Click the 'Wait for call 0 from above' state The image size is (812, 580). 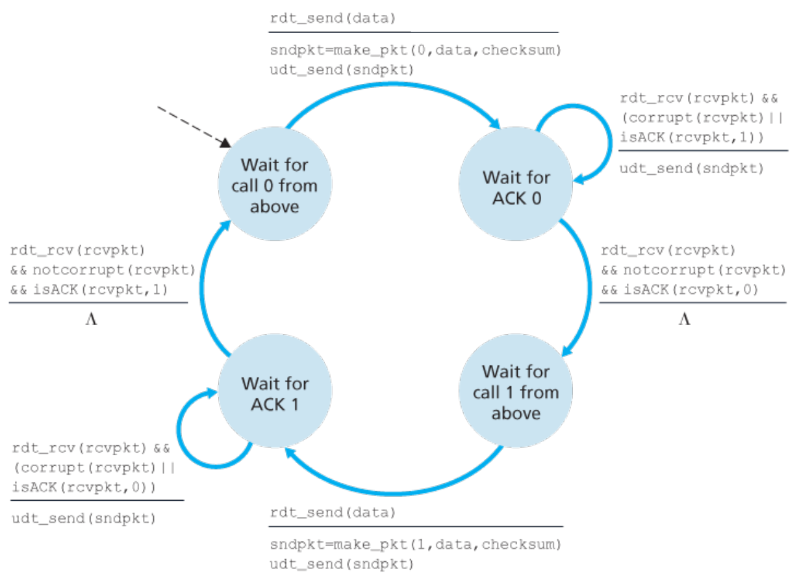275,183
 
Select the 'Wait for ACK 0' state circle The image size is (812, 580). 516,183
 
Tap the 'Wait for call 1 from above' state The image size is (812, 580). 516,391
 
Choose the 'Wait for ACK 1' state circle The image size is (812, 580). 275,391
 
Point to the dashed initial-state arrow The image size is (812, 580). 194,127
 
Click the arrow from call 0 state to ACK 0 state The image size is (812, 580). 393,85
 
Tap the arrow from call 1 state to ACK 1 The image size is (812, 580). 393,494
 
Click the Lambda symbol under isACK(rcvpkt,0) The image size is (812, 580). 685,319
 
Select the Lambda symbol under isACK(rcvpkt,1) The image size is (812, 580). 92,319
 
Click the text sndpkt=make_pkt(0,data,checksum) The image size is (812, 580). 416,50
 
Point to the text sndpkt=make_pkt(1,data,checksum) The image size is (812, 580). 416,544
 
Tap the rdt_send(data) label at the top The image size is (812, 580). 333,18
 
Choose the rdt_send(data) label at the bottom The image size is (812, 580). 333,512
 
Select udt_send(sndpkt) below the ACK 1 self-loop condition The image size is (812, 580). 84,518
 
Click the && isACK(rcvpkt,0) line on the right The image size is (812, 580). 679,289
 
